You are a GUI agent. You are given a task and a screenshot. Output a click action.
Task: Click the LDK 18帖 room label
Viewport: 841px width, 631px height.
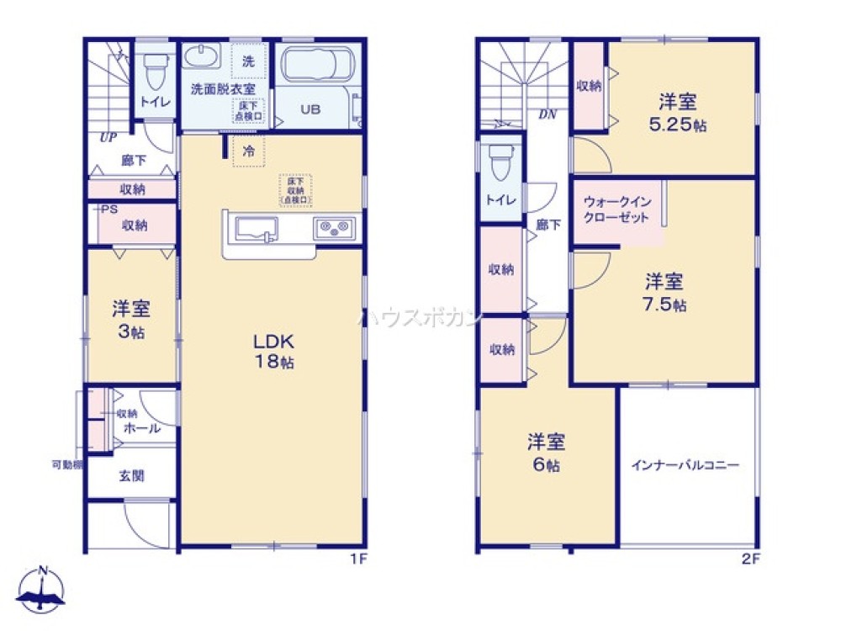coord(274,353)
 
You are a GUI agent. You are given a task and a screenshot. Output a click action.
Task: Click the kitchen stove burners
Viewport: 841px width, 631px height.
coord(335,227)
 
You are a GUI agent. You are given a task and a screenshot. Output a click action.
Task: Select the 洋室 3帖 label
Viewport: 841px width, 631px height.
coord(131,319)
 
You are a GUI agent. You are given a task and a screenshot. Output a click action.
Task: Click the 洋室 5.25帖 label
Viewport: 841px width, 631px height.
coord(677,113)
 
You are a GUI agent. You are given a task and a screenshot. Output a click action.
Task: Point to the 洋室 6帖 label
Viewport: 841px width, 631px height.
coord(547,452)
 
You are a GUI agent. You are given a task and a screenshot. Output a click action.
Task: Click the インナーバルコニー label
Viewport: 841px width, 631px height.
coord(686,464)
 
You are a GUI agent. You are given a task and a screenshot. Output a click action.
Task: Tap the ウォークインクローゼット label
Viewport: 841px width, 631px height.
coord(616,209)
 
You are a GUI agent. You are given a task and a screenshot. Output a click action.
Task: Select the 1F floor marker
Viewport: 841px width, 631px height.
coord(357,558)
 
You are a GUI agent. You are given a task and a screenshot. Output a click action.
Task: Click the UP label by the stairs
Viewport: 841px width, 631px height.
coord(107,137)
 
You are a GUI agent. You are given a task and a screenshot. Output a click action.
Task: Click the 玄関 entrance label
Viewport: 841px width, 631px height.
coord(132,476)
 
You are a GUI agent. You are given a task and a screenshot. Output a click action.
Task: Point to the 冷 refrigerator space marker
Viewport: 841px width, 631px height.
coord(248,151)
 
